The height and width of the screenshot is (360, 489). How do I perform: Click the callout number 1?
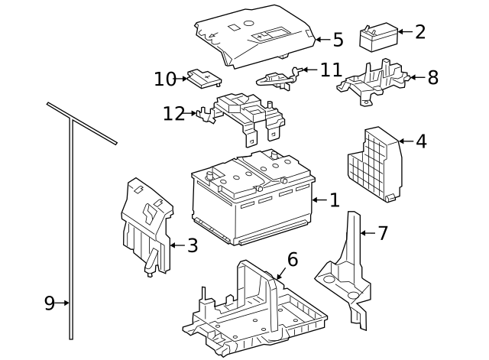[x=334, y=200]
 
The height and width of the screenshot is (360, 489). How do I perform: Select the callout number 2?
[x=420, y=32]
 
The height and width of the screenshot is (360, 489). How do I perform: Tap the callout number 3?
[x=193, y=245]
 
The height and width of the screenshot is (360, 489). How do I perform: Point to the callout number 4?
[x=421, y=141]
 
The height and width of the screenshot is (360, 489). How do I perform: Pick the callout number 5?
[x=337, y=40]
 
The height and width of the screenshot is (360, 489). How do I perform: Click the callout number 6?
[x=293, y=260]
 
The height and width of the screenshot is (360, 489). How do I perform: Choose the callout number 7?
[x=383, y=233]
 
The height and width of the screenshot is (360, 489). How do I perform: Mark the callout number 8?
[x=432, y=77]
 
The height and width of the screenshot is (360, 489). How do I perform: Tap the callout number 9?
[x=50, y=303]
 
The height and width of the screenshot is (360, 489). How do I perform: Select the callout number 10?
[x=165, y=79]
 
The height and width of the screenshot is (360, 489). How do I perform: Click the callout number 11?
[x=331, y=70]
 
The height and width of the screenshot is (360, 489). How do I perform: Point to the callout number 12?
[x=173, y=114]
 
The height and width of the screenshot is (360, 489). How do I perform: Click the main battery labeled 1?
[x=252, y=203]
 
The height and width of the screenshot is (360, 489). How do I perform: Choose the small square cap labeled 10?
[x=204, y=77]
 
